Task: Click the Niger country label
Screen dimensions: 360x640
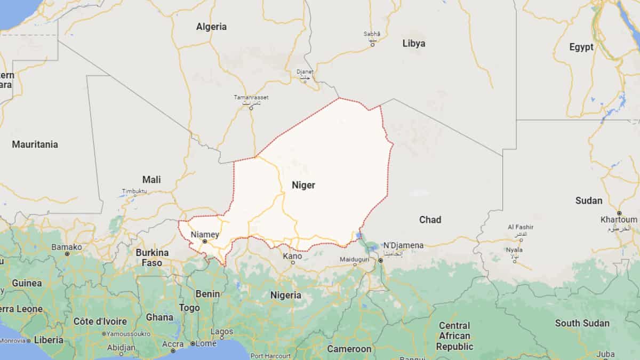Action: tap(303, 186)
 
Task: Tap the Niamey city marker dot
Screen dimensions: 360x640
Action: tap(205, 242)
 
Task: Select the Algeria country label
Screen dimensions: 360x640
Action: tap(211, 27)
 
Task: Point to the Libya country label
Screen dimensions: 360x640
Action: tap(413, 44)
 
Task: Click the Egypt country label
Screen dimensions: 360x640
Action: tap(581, 47)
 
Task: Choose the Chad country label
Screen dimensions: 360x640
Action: tap(430, 220)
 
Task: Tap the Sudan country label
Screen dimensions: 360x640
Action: tap(589, 201)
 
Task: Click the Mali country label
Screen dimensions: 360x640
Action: tap(151, 180)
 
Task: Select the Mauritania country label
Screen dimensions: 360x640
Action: tap(35, 145)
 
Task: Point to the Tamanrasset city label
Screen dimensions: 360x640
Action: tap(251, 98)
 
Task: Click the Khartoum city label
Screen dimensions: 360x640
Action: tap(619, 219)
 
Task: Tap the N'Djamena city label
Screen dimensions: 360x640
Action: tap(403, 245)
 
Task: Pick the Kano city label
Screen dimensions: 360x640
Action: tap(292, 256)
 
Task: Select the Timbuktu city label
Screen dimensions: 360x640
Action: tap(134, 191)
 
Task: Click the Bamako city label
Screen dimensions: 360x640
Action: tap(67, 247)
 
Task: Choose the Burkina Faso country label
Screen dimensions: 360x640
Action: tap(152, 257)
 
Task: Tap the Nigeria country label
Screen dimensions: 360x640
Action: tap(286, 295)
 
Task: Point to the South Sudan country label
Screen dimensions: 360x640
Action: tap(582, 323)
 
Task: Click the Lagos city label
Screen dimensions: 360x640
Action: tap(222, 331)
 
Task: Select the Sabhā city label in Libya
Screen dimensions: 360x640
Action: tap(372, 34)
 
